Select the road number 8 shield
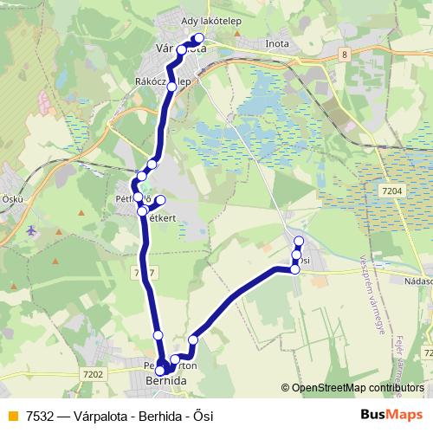click(x=345, y=55)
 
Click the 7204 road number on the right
click(x=391, y=191)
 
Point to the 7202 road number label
click(x=95, y=374)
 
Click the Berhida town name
click(x=165, y=379)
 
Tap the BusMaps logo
click(x=392, y=414)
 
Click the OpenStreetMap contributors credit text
click(x=355, y=388)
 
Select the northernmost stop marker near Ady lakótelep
click(x=199, y=37)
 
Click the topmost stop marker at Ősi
click(x=299, y=242)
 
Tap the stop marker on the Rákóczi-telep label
click(x=172, y=87)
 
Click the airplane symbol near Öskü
click(x=32, y=231)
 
